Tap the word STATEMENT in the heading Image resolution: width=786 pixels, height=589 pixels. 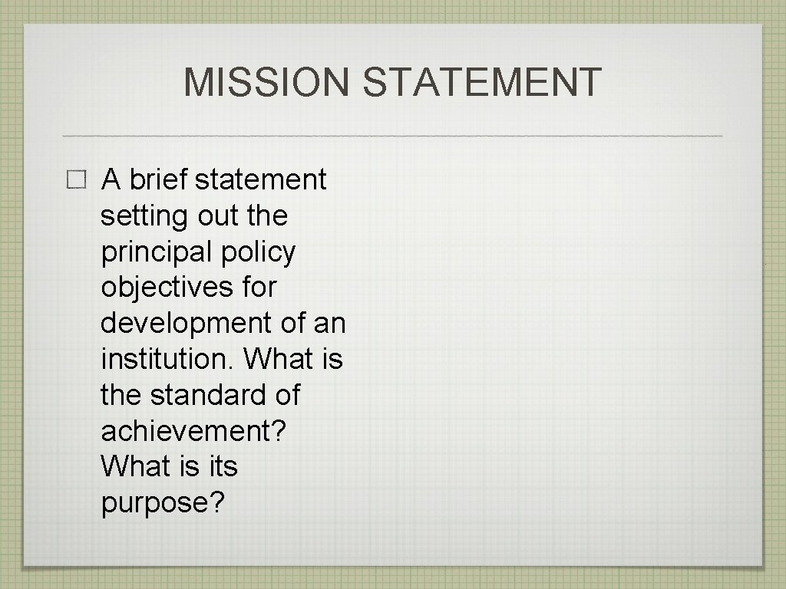tap(482, 83)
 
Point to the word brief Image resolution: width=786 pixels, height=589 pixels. tap(159, 179)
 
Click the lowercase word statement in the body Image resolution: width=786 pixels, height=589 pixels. tap(261, 179)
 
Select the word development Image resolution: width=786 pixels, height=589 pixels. tap(187, 324)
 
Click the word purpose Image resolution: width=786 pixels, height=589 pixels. tap(162, 503)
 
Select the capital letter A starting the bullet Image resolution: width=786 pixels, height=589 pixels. tap(111, 179)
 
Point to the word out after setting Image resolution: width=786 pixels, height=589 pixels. tap(218, 216)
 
